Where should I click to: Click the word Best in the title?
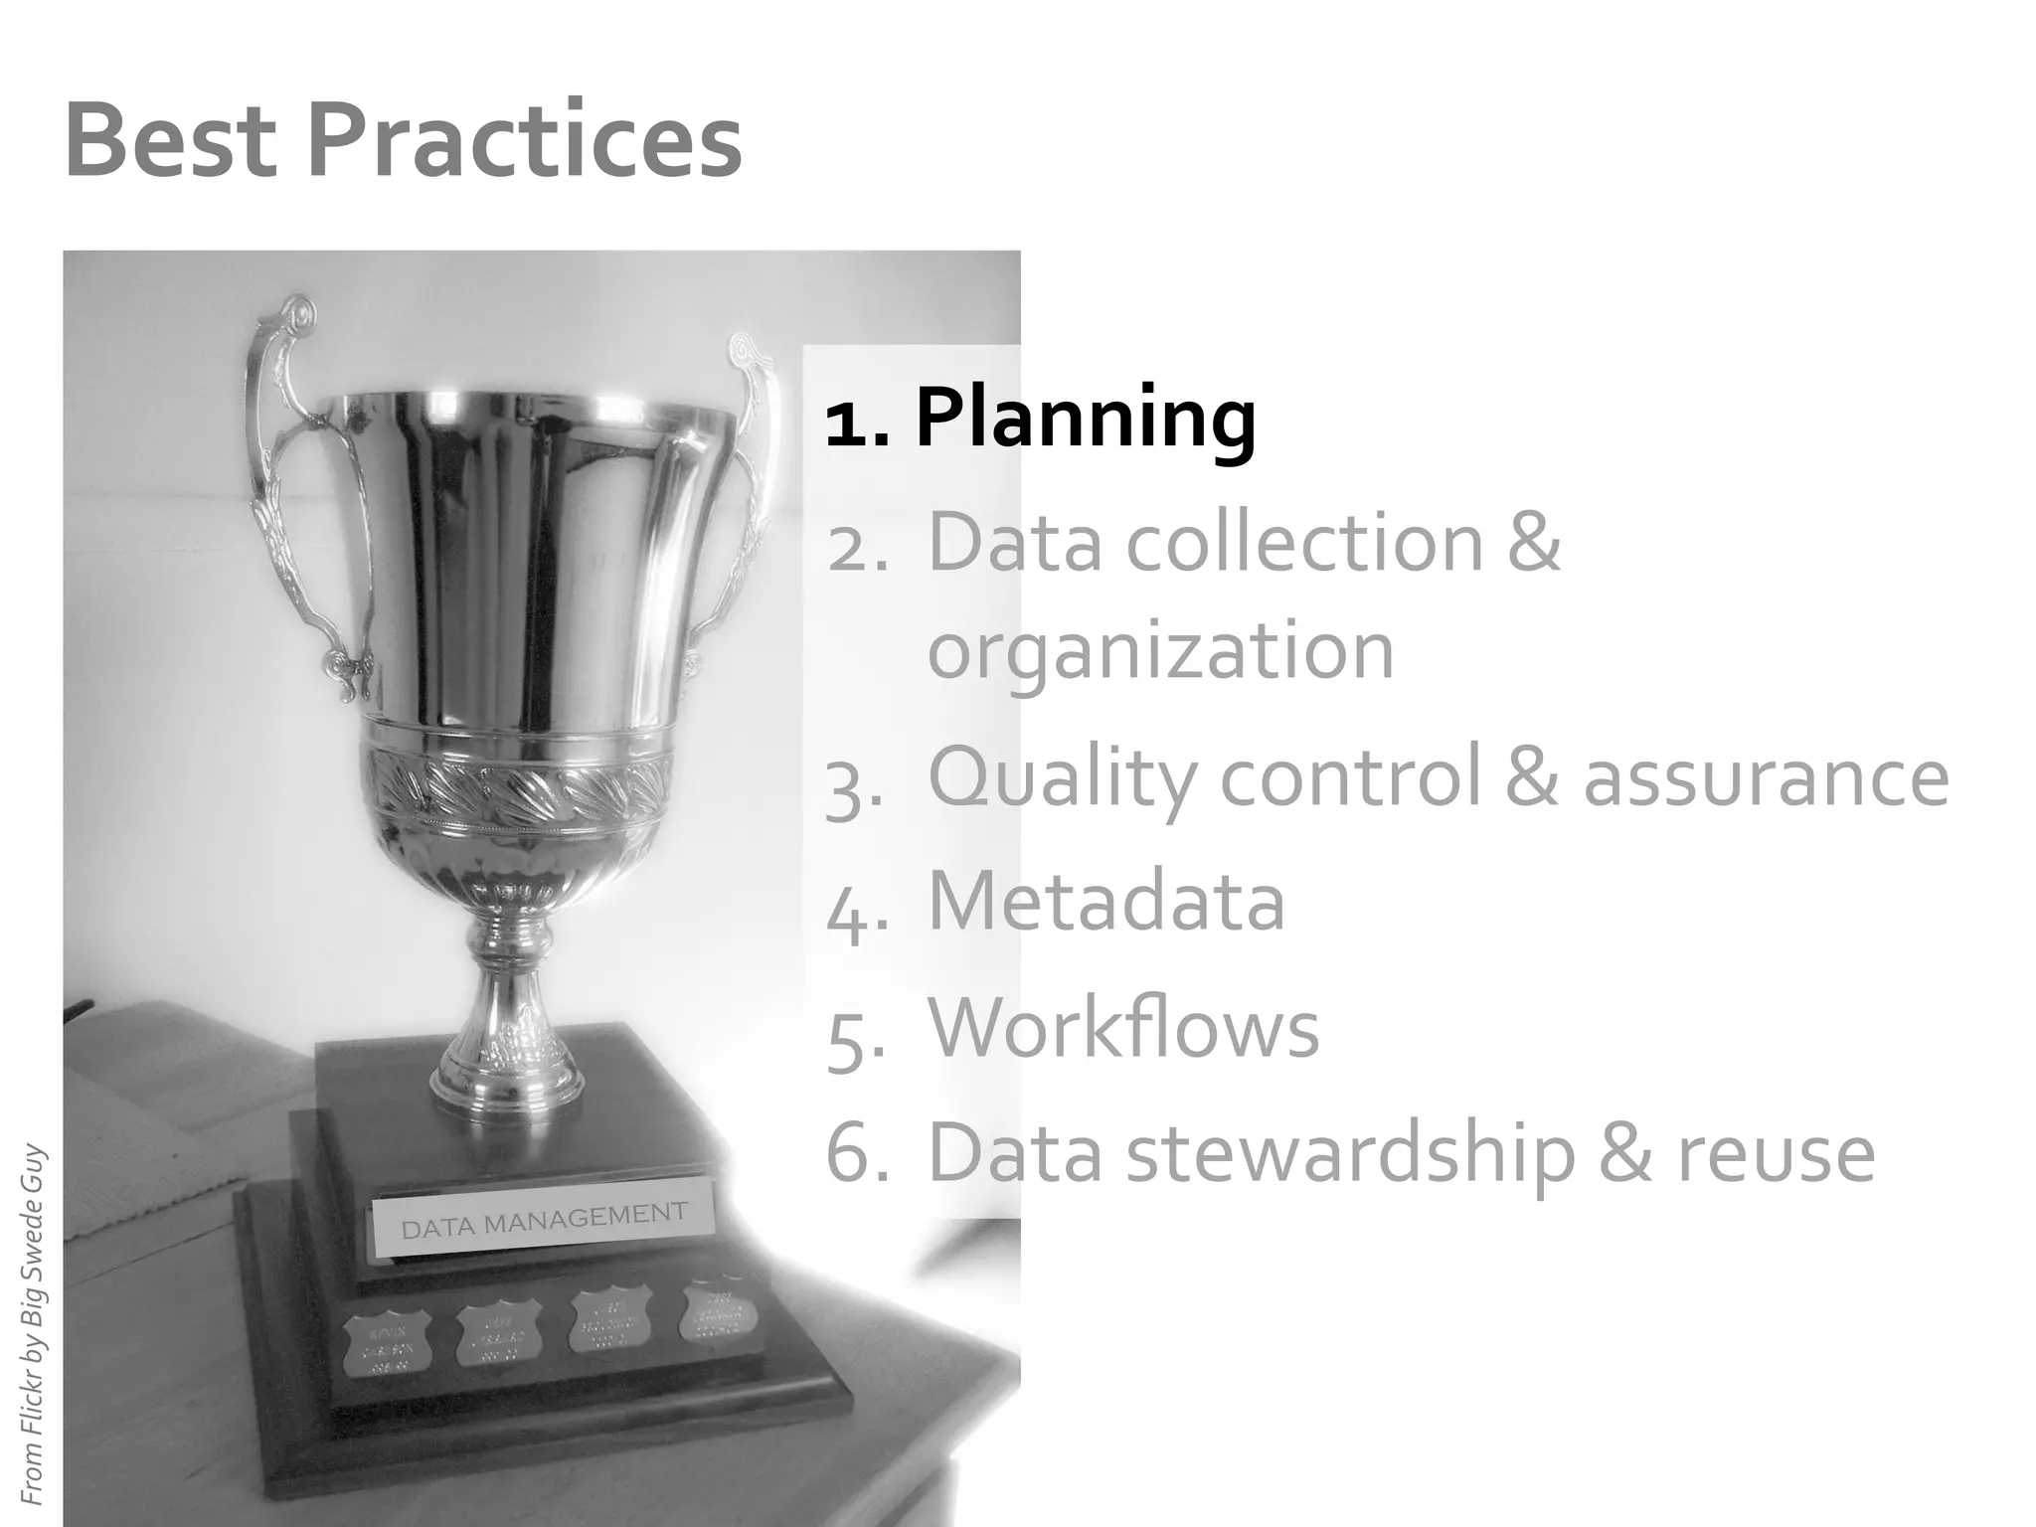click(169, 141)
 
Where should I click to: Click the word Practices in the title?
click(525, 141)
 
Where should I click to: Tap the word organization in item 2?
click(1160, 651)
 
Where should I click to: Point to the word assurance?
click(1766, 777)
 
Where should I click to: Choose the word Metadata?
click(1105, 901)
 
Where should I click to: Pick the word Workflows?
click(1123, 1028)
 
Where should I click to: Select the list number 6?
click(855, 1153)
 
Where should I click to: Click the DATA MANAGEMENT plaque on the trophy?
click(544, 1221)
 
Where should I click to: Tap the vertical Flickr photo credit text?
click(32, 1322)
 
